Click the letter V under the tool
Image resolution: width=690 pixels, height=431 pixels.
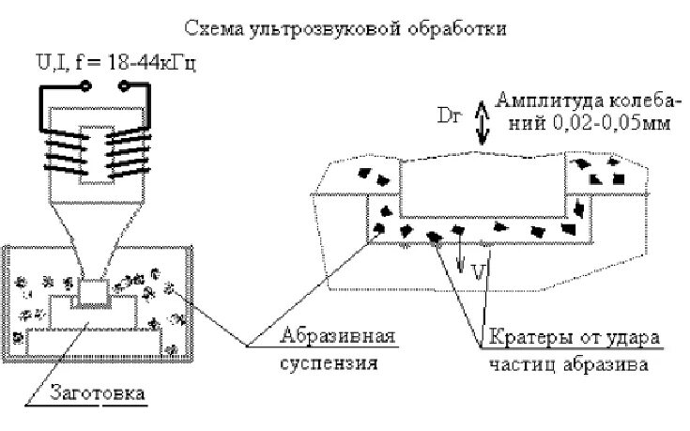tap(477, 271)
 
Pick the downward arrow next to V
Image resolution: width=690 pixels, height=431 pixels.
tap(461, 258)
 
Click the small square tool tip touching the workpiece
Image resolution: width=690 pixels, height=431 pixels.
tap(93, 292)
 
